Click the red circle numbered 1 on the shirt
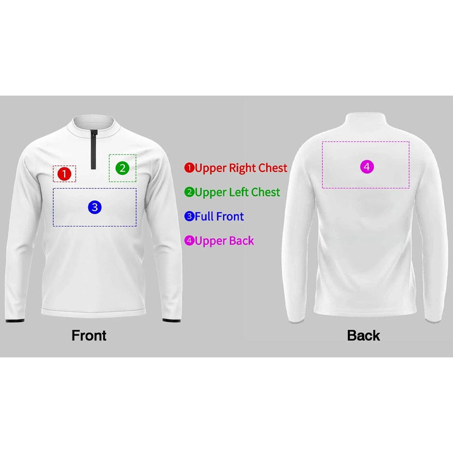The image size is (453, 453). (x=64, y=174)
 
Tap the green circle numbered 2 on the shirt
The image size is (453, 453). (x=122, y=168)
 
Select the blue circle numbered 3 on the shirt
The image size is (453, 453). (x=95, y=207)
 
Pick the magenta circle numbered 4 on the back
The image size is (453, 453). (x=367, y=167)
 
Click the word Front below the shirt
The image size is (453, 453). (x=89, y=336)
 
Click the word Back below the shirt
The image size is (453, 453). (x=363, y=336)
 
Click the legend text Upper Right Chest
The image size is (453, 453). (x=241, y=168)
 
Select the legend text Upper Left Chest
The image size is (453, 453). (x=237, y=192)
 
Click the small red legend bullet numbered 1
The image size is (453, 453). (x=189, y=168)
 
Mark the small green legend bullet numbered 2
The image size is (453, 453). (x=189, y=192)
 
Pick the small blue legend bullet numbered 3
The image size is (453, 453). (x=189, y=217)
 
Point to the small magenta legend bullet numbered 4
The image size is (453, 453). (x=189, y=241)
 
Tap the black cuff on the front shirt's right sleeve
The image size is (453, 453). (x=168, y=320)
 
